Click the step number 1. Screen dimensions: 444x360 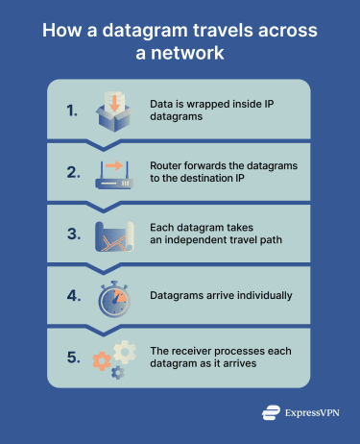coord(73,111)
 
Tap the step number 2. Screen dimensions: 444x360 coord(73,173)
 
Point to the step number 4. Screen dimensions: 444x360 coord(73,295)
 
